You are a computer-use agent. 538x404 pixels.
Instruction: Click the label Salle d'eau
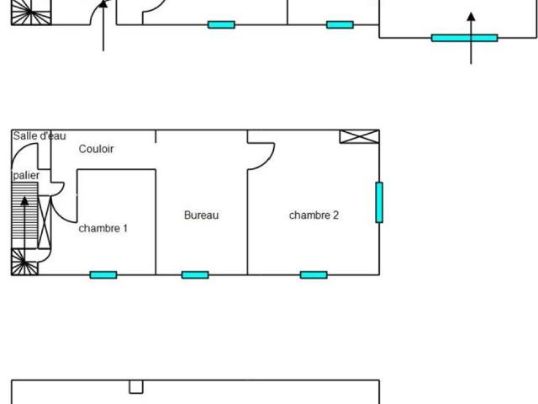click(40, 136)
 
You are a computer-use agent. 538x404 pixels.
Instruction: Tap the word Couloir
click(96, 149)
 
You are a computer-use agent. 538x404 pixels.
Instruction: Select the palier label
click(26, 176)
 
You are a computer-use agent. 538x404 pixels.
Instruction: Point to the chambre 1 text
click(103, 228)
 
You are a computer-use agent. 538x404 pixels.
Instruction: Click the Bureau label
click(202, 215)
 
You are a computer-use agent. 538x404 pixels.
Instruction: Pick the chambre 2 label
click(314, 215)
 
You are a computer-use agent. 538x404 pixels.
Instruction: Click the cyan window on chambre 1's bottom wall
click(103, 275)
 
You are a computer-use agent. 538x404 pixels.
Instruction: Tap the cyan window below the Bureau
click(195, 275)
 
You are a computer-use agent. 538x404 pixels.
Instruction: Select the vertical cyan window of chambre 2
click(379, 202)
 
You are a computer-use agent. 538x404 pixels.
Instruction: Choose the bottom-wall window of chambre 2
click(314, 275)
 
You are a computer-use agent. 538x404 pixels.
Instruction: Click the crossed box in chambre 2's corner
click(360, 136)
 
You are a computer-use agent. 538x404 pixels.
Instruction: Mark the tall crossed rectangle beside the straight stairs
click(45, 222)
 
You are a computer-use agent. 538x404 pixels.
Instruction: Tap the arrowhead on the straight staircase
click(24, 201)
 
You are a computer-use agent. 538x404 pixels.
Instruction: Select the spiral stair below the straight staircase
click(24, 262)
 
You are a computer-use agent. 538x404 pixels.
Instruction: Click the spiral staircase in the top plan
click(31, 13)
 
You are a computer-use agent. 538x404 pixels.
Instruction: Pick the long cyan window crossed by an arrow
click(465, 38)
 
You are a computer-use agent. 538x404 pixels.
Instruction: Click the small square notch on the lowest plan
click(136, 387)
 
